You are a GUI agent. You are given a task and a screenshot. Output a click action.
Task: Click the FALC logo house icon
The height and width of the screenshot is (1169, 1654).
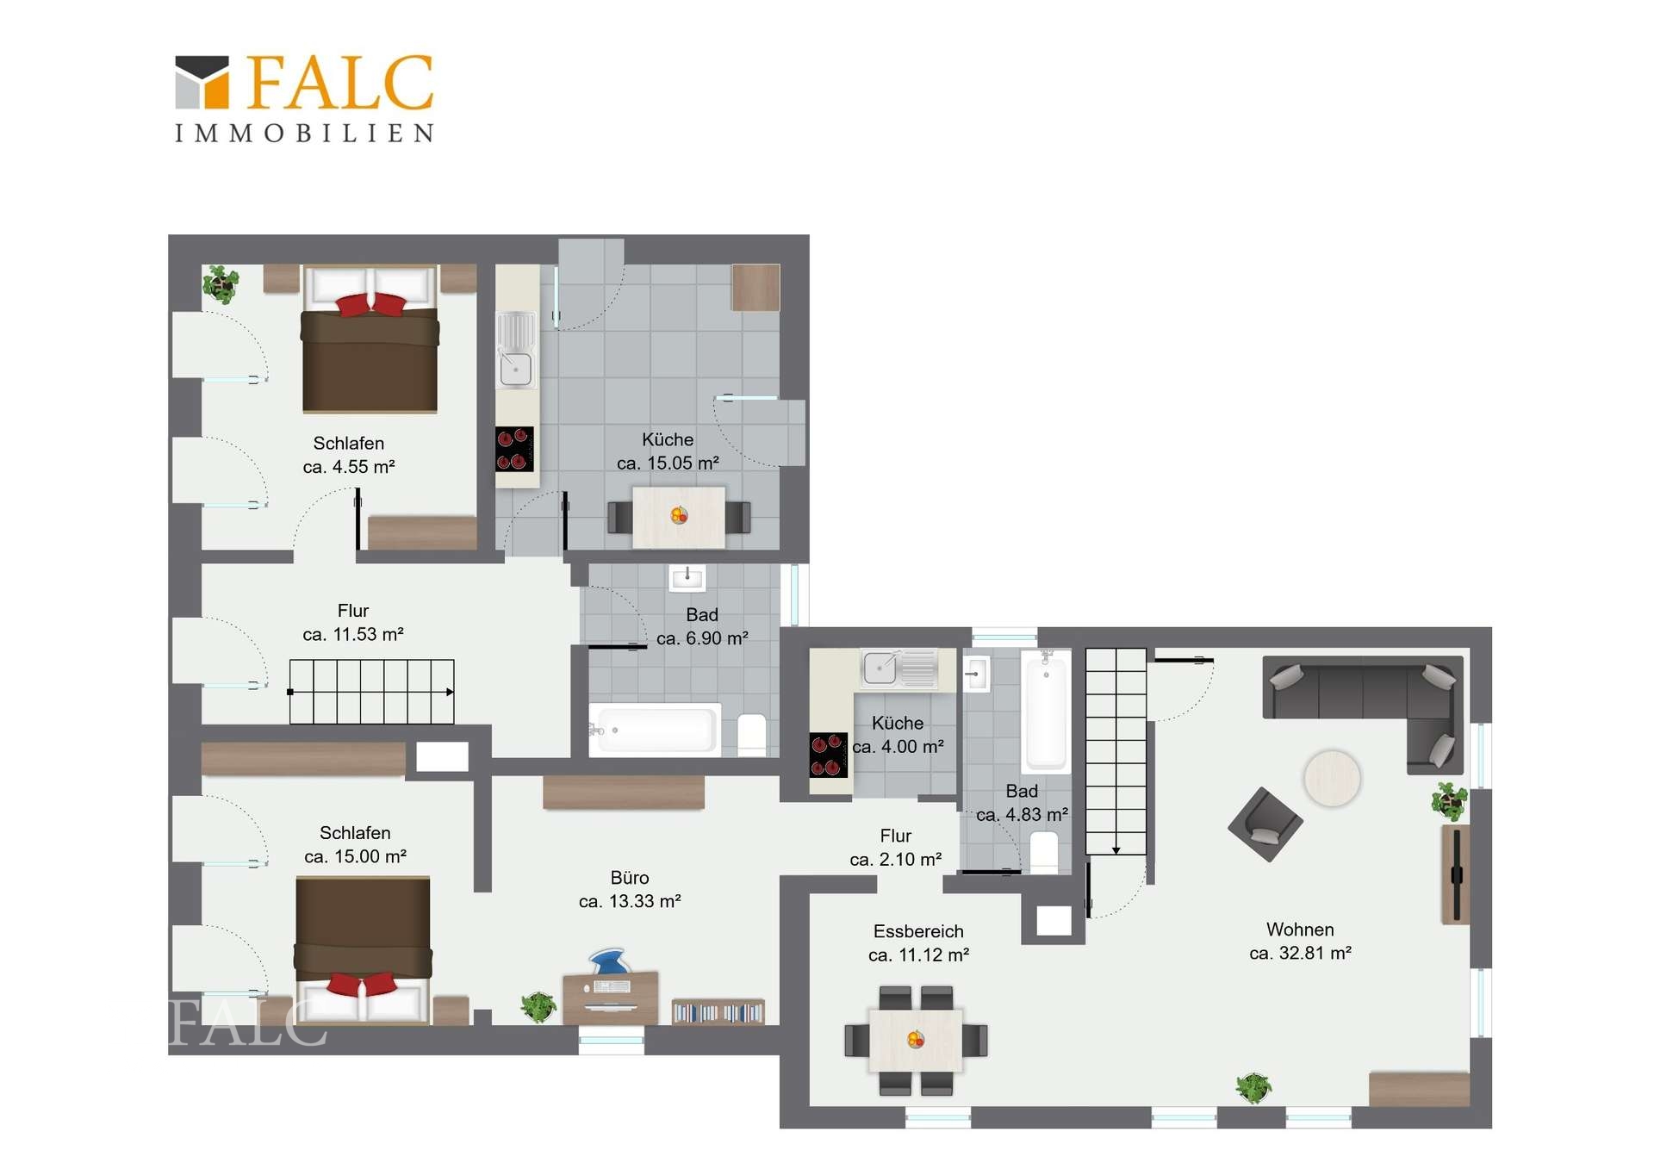point(202,83)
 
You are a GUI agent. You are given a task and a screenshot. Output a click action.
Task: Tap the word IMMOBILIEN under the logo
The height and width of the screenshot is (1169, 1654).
point(305,134)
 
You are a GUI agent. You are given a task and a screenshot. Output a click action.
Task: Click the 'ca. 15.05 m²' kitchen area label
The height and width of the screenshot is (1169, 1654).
point(668,463)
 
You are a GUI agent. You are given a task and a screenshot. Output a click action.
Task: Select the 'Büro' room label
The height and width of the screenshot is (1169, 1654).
point(630,878)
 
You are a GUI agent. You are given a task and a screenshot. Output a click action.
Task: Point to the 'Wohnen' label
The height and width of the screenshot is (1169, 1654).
point(1300,930)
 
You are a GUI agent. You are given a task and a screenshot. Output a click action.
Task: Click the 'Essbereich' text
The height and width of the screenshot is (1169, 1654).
point(918,931)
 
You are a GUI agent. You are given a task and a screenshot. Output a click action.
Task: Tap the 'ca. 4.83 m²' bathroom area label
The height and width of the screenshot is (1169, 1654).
point(1022,814)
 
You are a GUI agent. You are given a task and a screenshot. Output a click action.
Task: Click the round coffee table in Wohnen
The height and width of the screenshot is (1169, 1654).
point(1332,778)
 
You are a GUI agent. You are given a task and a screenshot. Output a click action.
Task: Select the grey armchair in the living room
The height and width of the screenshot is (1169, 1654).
point(1265,824)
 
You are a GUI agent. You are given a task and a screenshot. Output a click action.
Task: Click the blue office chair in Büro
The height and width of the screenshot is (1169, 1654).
point(610,961)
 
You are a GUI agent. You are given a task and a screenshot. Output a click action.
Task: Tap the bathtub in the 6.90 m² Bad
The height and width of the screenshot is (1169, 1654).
point(655,731)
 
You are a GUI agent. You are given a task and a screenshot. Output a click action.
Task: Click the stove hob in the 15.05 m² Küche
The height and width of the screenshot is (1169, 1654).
point(514,449)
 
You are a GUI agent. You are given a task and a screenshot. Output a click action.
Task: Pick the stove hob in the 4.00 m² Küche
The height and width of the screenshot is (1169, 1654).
point(828,755)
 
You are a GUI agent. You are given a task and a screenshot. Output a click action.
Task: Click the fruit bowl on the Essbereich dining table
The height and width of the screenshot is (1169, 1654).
point(916,1040)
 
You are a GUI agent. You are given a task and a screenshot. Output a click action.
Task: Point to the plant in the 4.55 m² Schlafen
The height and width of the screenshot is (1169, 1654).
point(221,284)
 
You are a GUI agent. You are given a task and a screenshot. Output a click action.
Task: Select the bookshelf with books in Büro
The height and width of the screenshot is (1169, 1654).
point(718,1012)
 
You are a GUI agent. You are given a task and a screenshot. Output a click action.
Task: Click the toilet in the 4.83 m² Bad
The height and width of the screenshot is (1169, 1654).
point(1044,852)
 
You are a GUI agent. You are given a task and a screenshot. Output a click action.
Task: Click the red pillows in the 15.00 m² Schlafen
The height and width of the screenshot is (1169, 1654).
point(363,984)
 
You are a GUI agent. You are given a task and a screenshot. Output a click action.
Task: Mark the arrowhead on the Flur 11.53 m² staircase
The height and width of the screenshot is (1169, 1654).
point(450,692)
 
